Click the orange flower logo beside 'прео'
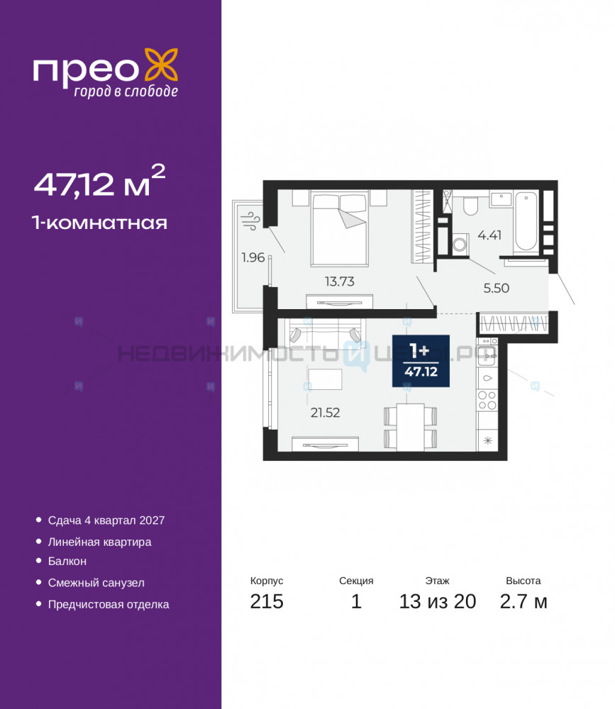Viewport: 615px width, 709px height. (161, 66)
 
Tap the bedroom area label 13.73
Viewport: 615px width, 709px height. (339, 281)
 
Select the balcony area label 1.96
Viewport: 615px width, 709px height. (253, 257)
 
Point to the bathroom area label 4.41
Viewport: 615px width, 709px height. (489, 235)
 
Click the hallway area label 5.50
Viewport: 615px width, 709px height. (496, 288)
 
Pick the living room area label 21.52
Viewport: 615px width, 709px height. (325, 413)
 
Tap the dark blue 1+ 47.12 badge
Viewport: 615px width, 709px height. (421, 361)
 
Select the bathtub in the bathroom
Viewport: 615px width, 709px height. (526, 221)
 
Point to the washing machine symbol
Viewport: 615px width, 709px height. (460, 245)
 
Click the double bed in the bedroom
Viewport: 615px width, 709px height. (339, 228)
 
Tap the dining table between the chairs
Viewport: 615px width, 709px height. (411, 428)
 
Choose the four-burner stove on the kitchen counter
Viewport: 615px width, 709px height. (487, 401)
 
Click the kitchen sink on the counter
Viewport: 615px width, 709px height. (487, 378)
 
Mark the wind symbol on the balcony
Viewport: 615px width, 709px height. (250, 220)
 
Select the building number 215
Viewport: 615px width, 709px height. (267, 601)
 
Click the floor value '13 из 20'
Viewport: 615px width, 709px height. (437, 601)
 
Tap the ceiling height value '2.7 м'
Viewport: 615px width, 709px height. (523, 601)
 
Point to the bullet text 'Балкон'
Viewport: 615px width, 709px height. (67, 561)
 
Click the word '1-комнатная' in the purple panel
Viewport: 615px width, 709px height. (99, 223)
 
